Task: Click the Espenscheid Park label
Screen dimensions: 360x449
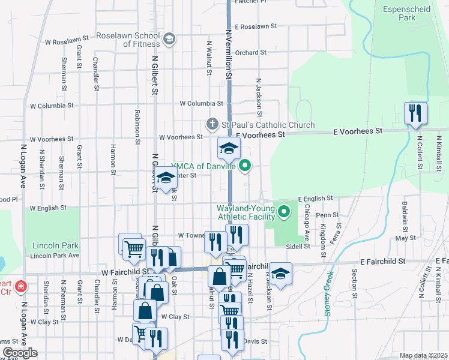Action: coord(399,13)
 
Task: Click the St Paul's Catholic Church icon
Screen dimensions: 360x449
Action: coord(211,125)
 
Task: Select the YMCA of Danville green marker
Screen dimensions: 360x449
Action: coord(245,166)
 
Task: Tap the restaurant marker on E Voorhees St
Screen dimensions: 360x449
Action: coord(415,114)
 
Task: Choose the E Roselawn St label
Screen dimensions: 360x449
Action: coord(256,26)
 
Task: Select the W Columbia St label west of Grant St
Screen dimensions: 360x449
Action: coord(52,106)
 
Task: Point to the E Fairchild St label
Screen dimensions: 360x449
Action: coord(383,262)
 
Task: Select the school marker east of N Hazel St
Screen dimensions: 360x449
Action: coord(280,274)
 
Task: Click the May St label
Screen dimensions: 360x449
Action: coord(409,238)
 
